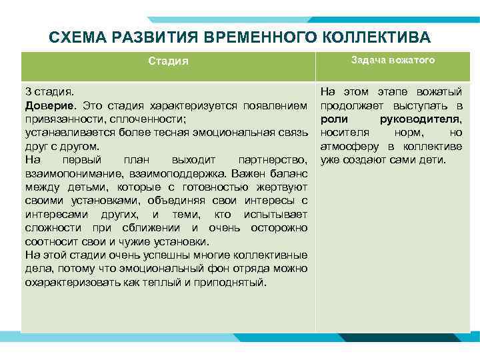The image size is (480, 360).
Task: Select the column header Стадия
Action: pyautogui.click(x=168, y=61)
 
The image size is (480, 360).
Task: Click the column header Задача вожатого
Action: pyautogui.click(x=393, y=60)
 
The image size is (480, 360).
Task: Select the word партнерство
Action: pyautogui.click(x=272, y=160)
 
